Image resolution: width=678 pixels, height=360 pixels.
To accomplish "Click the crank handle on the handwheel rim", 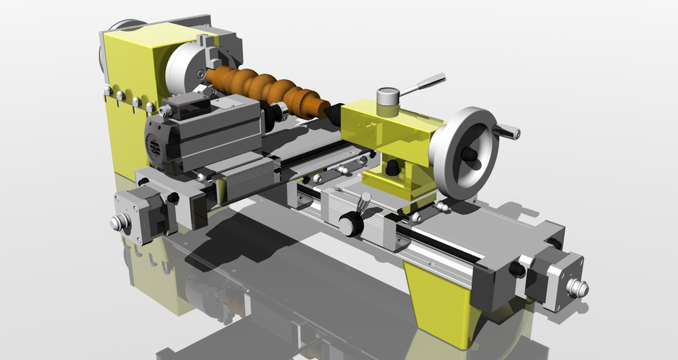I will pyautogui.click(x=507, y=131).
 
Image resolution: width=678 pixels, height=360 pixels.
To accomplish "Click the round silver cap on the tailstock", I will pyautogui.click(x=388, y=96).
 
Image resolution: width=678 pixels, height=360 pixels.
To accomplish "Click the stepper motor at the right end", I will pyautogui.click(x=554, y=279).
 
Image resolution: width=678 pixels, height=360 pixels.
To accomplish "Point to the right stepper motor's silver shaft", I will pyautogui.click(x=578, y=288).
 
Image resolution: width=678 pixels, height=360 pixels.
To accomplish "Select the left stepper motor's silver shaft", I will pyautogui.click(x=119, y=222).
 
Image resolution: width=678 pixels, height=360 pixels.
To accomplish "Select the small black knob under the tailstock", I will pyautogui.click(x=391, y=168).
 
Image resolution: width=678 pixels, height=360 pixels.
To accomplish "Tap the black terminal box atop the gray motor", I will pyautogui.click(x=185, y=107).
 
